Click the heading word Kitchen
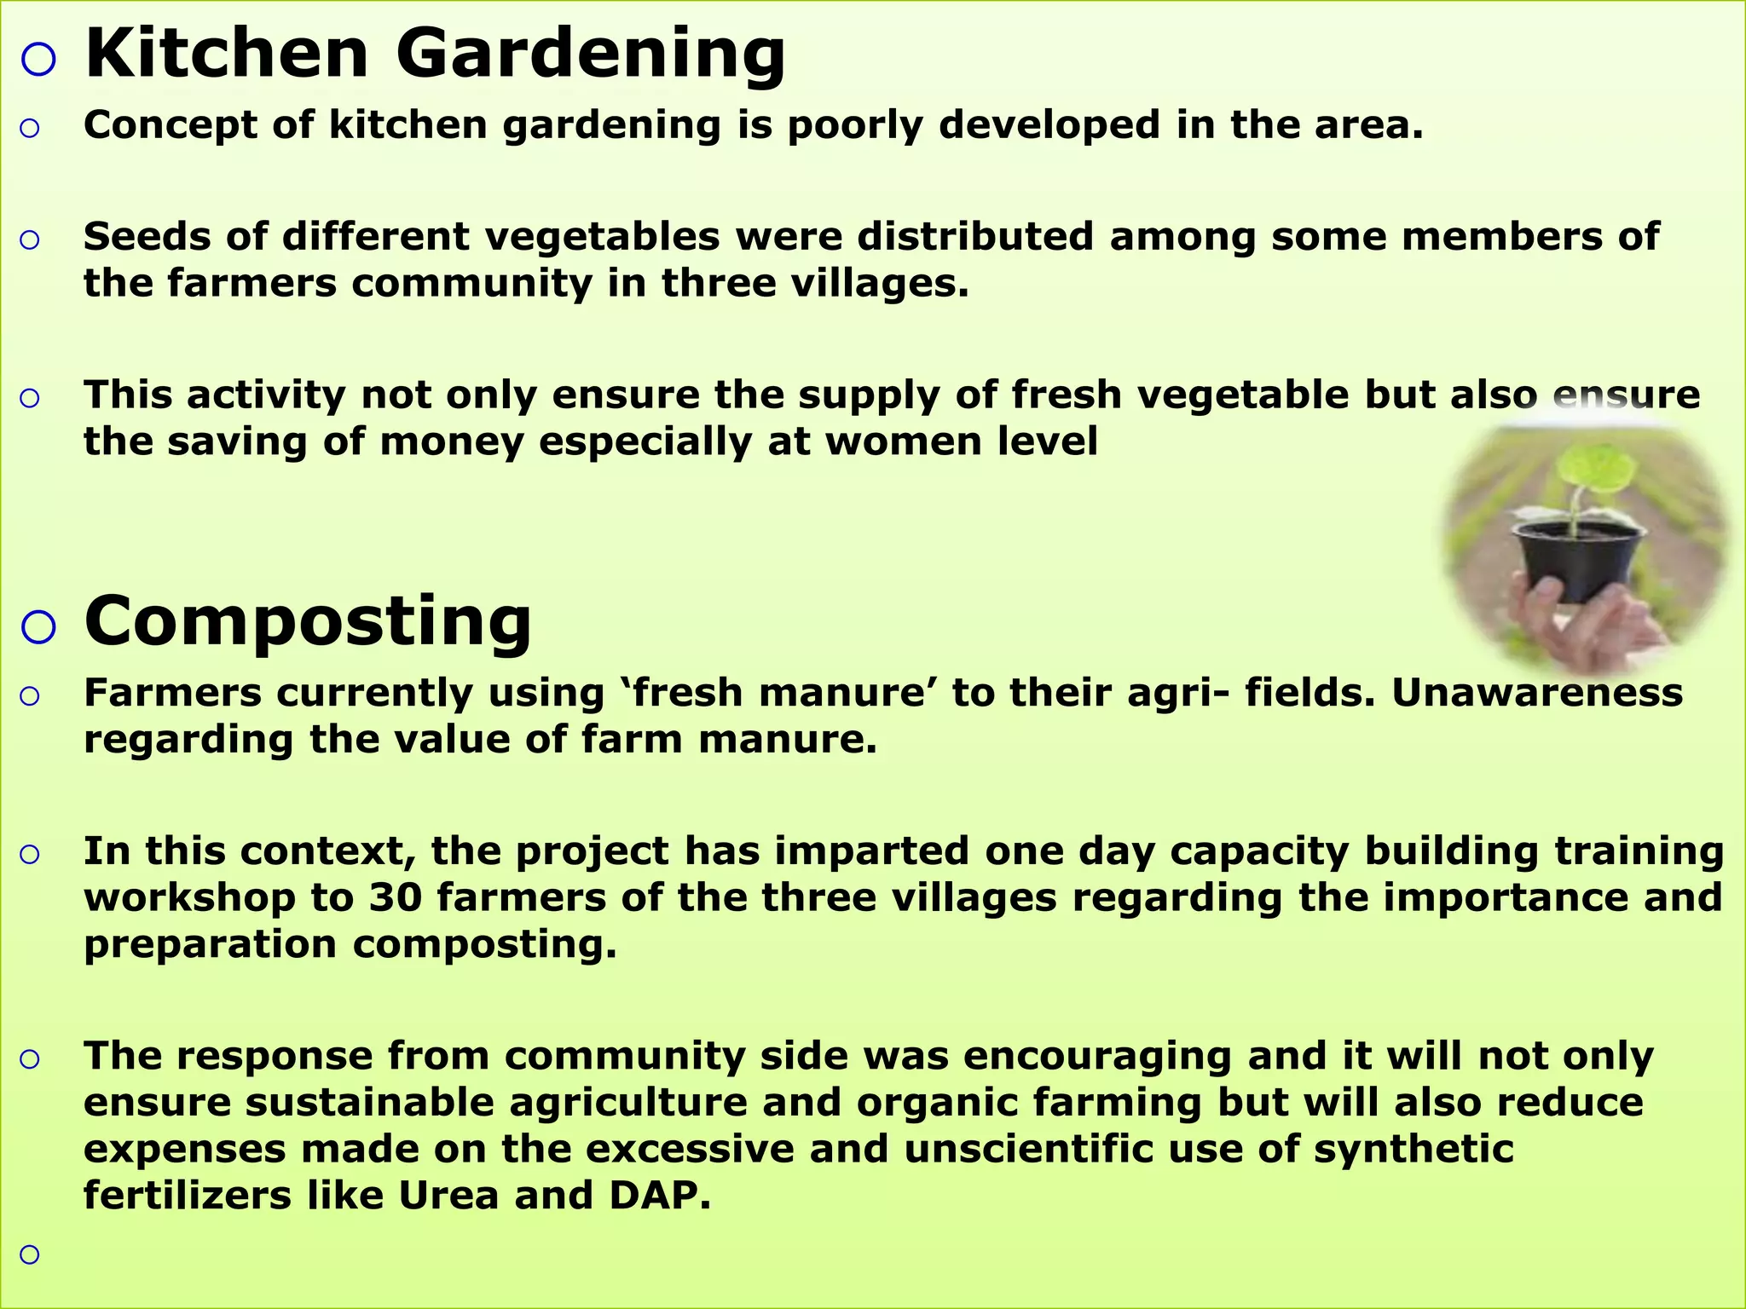point(227,55)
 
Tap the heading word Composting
point(308,622)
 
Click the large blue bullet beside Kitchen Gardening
point(38,60)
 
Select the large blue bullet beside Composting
point(38,627)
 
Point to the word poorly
point(855,126)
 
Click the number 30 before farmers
point(395,898)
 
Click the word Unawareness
point(1537,693)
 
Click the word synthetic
point(1413,1150)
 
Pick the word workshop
point(189,898)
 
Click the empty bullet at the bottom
point(30,1254)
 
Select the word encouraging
point(1098,1057)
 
